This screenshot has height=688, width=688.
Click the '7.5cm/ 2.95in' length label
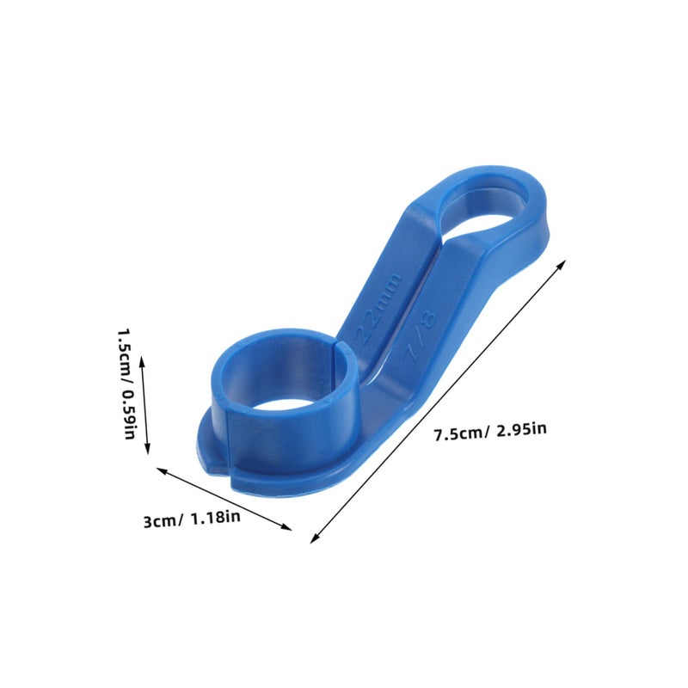pyautogui.click(x=490, y=431)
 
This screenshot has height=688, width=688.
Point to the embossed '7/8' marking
pyautogui.click(x=420, y=335)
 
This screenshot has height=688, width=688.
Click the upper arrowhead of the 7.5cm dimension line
pyautogui.click(x=562, y=264)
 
